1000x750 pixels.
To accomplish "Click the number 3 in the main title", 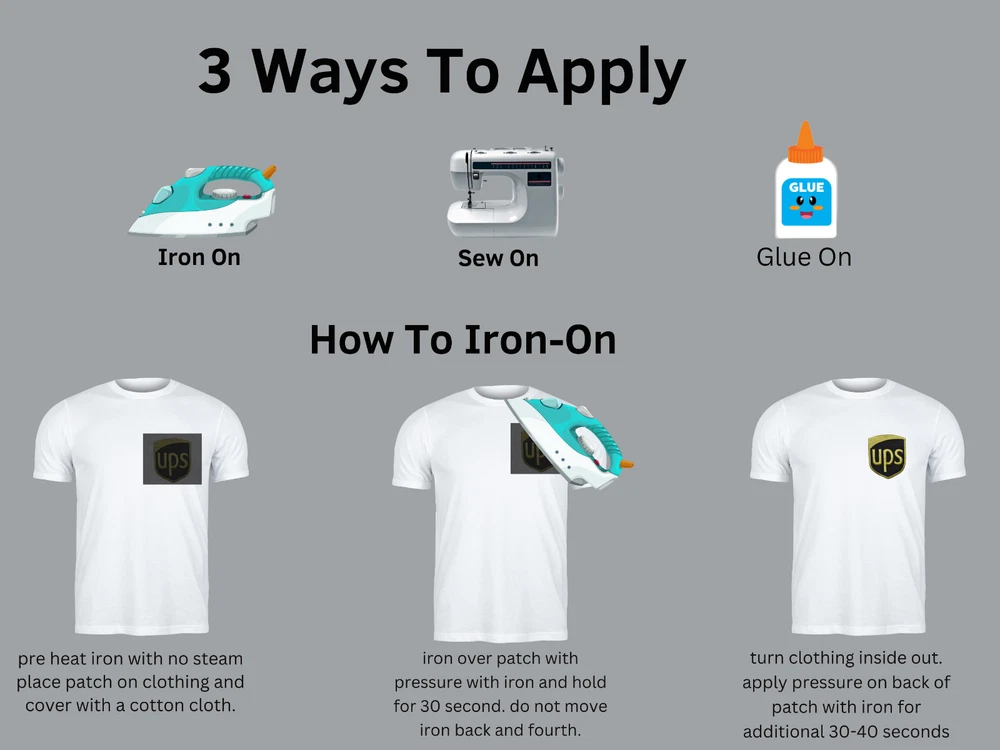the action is (215, 71).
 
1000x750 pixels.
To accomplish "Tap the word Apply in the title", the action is (601, 75).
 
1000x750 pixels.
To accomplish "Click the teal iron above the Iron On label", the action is (203, 200).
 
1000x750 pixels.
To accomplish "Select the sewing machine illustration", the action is (506, 192).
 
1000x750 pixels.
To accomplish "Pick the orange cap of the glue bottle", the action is (805, 142).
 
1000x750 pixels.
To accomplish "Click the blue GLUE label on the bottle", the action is (807, 201).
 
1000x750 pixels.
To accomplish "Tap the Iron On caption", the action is (199, 257).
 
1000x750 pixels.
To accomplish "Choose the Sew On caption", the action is (498, 258).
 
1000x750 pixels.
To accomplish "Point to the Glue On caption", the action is (804, 257).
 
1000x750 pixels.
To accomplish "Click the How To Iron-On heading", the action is (463, 339).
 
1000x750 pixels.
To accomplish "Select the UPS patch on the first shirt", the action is (172, 459).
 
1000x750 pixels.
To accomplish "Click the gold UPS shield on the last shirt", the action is (887, 457).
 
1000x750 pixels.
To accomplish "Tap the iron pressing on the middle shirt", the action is (570, 441).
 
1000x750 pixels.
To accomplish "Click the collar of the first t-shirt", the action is (143, 386).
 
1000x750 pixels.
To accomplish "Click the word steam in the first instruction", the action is (218, 658).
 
